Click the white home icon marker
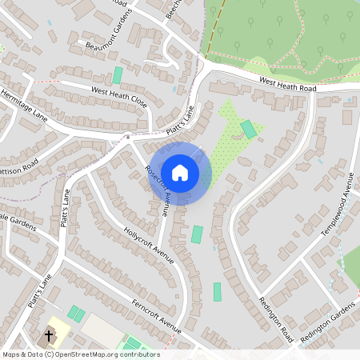180,172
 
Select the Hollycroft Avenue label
149,243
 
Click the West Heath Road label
289,84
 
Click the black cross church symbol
50,335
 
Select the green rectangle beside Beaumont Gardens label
118,74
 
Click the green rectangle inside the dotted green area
250,129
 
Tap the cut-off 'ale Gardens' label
14,221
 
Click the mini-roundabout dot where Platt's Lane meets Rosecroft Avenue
126,138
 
